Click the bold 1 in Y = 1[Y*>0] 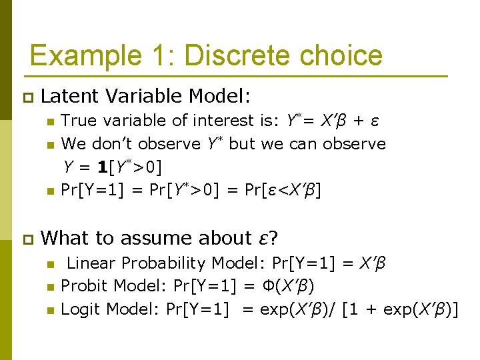click(99, 167)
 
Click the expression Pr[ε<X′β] click(283, 190)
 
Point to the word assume click(177, 239)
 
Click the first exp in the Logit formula click(273, 309)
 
